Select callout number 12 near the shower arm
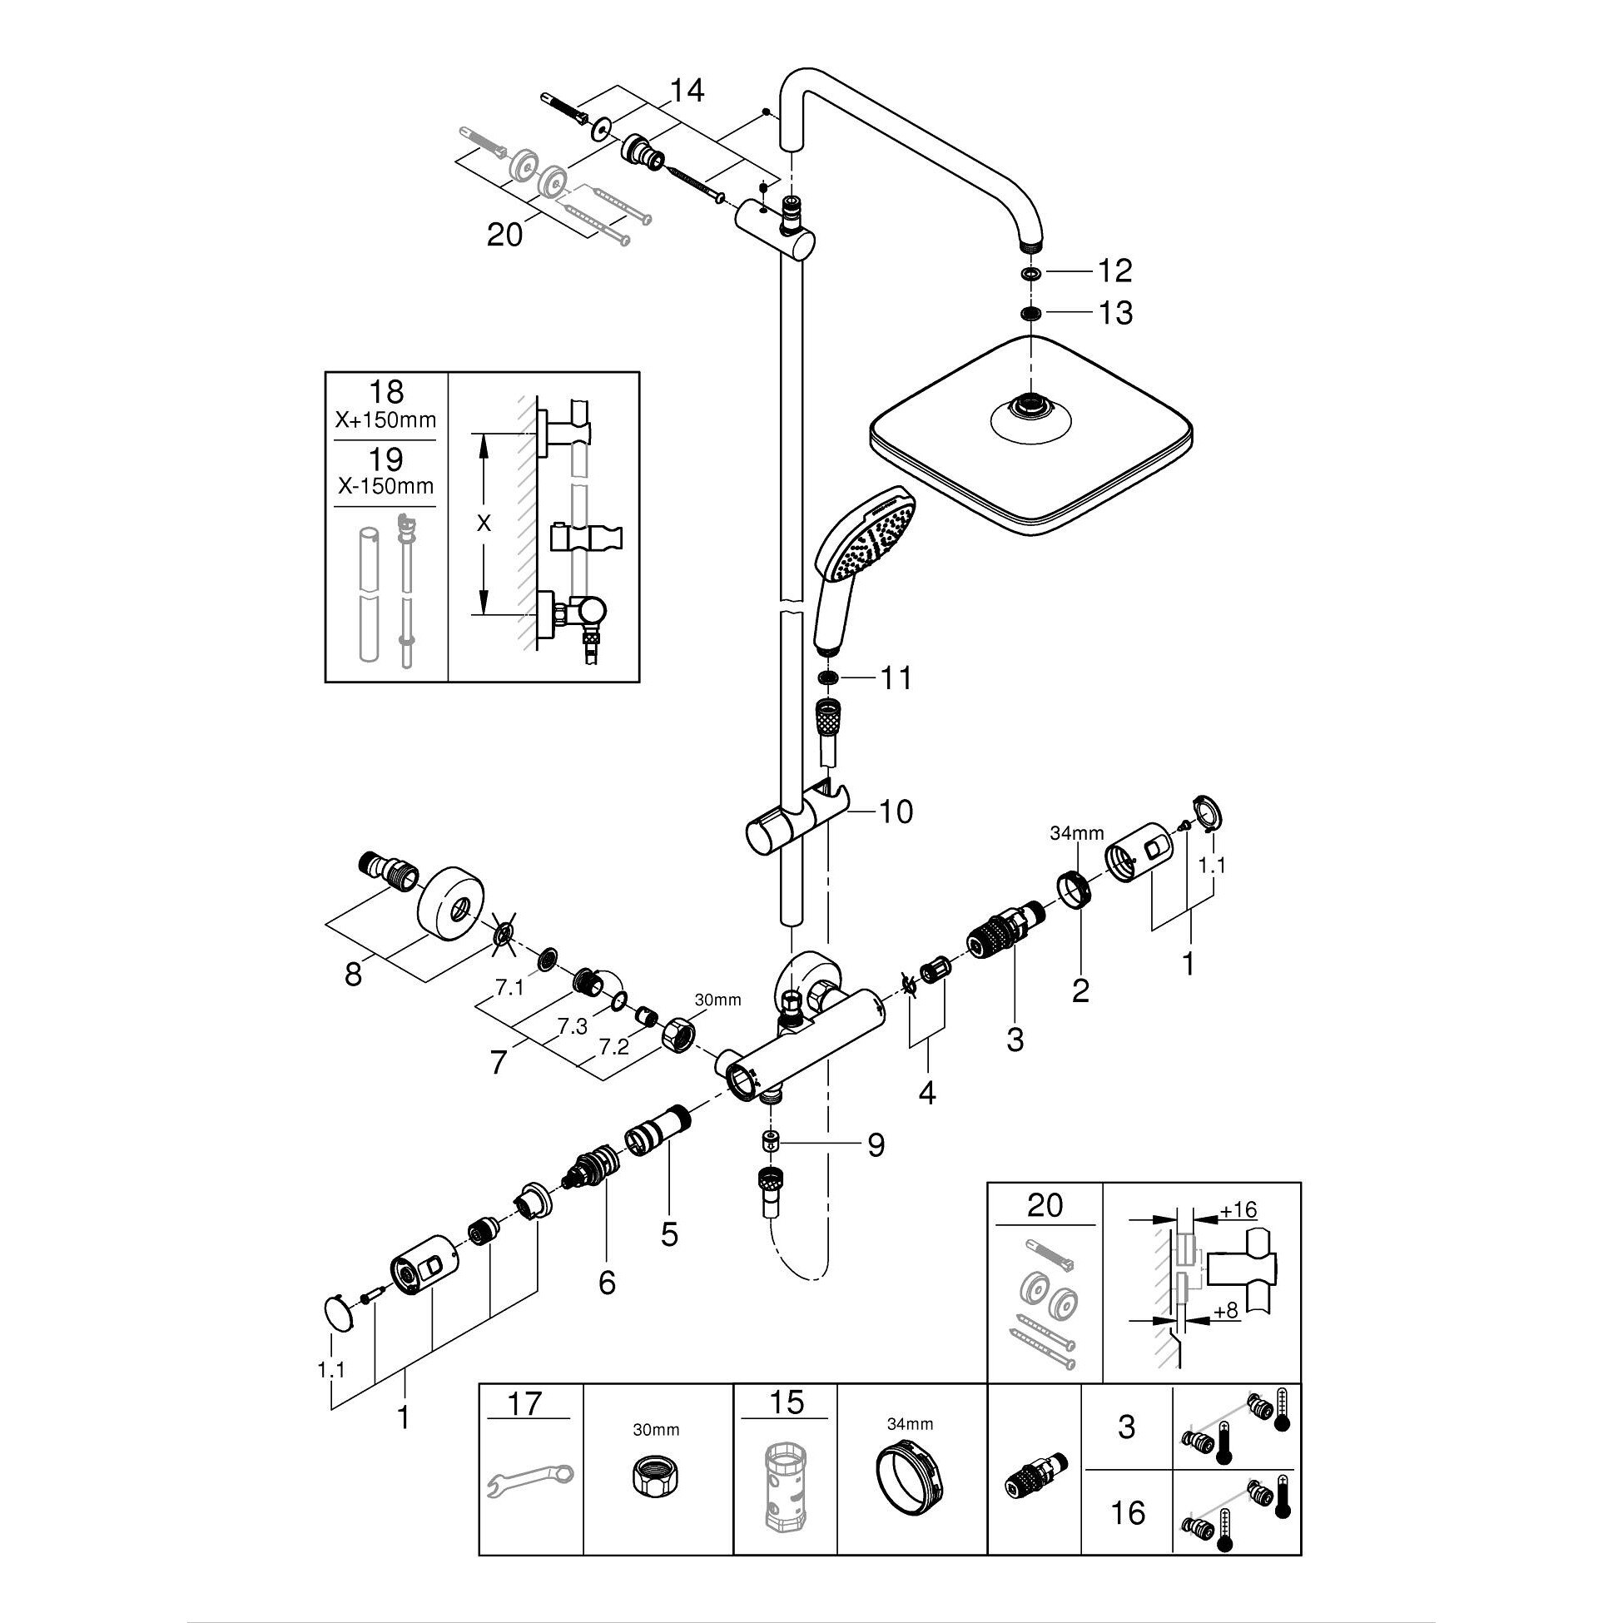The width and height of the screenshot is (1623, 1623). pyautogui.click(x=1115, y=270)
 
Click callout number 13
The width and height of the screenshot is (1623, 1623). pyautogui.click(x=1115, y=313)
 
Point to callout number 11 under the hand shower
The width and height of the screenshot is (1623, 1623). pyautogui.click(x=896, y=677)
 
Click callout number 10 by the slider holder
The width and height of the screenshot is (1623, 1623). pyautogui.click(x=896, y=811)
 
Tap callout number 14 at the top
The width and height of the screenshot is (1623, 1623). pyautogui.click(x=687, y=90)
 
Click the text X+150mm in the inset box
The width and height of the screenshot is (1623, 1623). pyautogui.click(x=385, y=420)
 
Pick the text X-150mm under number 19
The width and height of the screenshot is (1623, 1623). pyautogui.click(x=385, y=486)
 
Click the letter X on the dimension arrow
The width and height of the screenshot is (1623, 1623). pyautogui.click(x=483, y=524)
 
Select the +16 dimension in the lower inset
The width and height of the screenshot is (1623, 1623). pyautogui.click(x=1238, y=1209)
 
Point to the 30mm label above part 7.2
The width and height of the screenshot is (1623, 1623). pyautogui.click(x=718, y=1000)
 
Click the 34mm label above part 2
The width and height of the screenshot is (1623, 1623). pyautogui.click(x=1076, y=833)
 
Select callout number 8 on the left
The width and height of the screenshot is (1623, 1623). pyautogui.click(x=353, y=975)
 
